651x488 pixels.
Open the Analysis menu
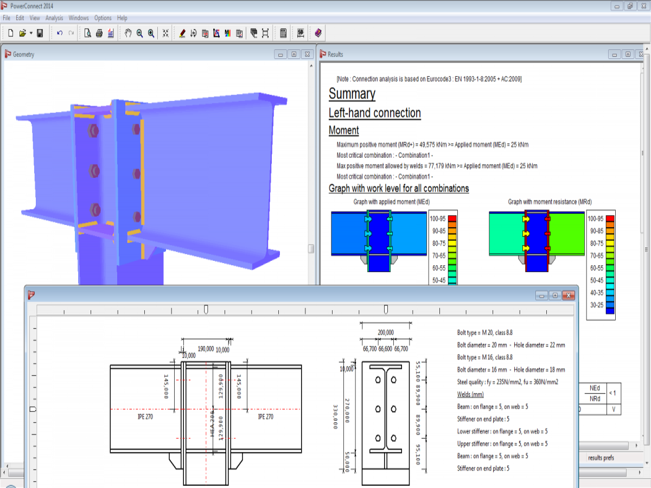(x=54, y=18)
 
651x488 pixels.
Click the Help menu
(x=122, y=18)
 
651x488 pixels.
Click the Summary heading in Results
(x=352, y=94)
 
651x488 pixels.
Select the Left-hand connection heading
(x=374, y=113)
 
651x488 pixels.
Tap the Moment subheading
(x=343, y=131)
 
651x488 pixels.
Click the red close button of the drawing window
(x=568, y=296)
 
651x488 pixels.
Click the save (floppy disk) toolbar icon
(x=40, y=33)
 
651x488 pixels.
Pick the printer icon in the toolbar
(x=99, y=33)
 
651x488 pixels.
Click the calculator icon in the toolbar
(x=283, y=33)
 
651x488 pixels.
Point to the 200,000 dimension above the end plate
(x=385, y=332)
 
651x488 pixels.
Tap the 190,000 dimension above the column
(x=206, y=349)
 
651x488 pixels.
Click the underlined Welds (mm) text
(x=470, y=394)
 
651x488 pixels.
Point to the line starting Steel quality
(x=508, y=382)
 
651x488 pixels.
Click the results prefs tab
(x=601, y=458)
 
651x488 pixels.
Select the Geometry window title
(x=23, y=54)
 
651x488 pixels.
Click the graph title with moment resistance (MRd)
(x=550, y=202)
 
